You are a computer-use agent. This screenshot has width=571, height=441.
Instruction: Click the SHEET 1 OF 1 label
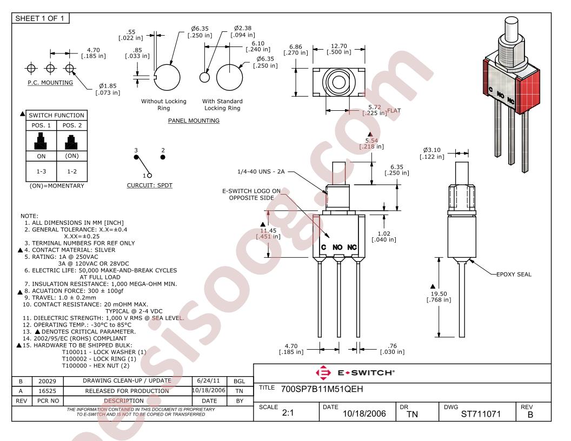pos(39,18)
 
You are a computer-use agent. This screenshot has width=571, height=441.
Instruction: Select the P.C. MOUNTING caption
pos(50,83)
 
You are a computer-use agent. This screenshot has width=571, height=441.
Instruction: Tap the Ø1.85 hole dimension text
pos(108,86)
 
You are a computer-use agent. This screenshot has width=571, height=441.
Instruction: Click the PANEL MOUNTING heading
pos(194,121)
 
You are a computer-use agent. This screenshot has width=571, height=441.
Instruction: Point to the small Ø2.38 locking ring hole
pos(204,77)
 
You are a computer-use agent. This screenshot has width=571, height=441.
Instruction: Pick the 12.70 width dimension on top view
pos(338,46)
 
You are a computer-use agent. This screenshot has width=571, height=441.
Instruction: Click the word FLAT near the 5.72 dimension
pos(394,111)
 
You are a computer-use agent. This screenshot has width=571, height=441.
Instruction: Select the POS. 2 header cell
pos(72,125)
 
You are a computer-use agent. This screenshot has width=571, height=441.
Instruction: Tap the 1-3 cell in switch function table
pos(41,171)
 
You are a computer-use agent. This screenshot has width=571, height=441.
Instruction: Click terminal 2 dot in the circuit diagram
pos(163,157)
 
